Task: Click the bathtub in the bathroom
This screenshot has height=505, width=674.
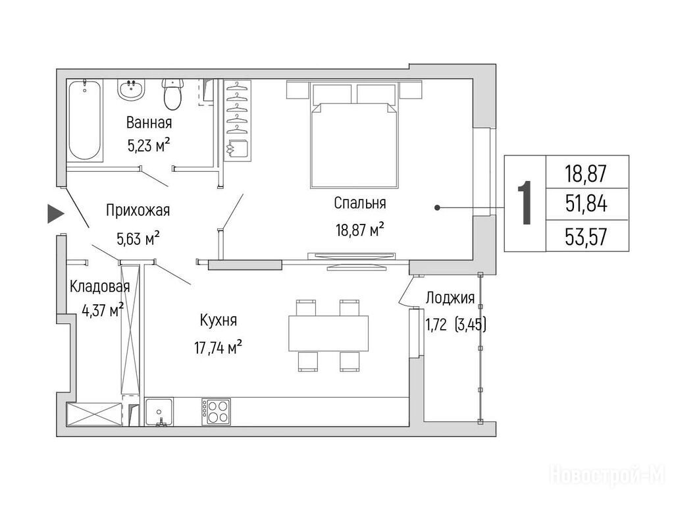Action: [x=85, y=120]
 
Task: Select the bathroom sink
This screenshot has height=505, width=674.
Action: [x=131, y=90]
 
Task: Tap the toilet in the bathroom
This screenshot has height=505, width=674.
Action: [x=173, y=94]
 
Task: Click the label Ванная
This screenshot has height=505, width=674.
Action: [x=149, y=123]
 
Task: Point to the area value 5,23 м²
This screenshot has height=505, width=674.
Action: [x=149, y=146]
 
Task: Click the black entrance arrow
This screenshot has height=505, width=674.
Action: [x=56, y=214]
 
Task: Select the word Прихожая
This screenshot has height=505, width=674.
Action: [x=138, y=210]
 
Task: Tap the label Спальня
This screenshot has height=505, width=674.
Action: [x=360, y=203]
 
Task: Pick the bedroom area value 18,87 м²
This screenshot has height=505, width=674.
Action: [x=360, y=230]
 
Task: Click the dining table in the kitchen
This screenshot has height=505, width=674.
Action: [x=328, y=333]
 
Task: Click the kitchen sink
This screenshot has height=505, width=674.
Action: [x=159, y=412]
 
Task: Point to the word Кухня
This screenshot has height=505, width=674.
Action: [x=219, y=321]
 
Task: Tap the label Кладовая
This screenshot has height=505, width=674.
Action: [x=100, y=286]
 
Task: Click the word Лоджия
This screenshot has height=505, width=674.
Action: [x=450, y=298]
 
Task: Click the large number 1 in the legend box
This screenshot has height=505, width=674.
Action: [x=525, y=203]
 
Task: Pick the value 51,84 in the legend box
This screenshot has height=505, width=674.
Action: [x=586, y=204]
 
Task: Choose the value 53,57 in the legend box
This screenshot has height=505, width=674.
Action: [x=586, y=236]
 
